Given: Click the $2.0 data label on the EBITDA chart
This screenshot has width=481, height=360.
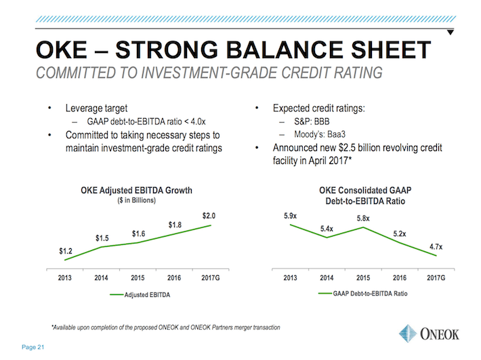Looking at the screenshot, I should point(209,216).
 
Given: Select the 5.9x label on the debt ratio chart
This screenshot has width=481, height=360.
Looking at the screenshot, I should point(291,215).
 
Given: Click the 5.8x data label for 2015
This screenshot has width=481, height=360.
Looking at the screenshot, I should point(364,219).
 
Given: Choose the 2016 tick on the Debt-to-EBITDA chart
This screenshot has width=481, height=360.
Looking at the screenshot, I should point(400,278).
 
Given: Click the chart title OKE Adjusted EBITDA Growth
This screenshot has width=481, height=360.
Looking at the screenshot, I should point(136,191).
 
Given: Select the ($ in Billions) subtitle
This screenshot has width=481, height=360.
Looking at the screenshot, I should point(136,201).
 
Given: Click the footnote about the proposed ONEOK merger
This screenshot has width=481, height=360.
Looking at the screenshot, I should point(165,327).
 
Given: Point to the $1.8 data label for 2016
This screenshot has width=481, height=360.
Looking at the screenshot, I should point(175,224).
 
